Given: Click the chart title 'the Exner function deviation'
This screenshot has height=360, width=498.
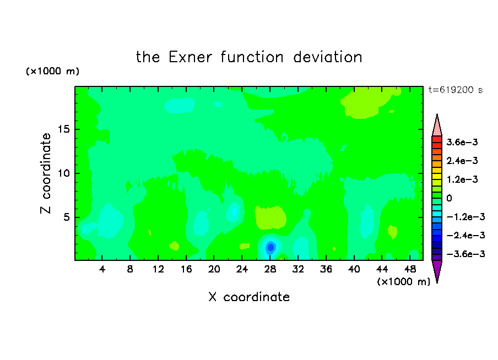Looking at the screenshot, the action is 249,57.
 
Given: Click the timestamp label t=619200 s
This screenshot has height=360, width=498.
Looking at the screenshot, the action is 456,90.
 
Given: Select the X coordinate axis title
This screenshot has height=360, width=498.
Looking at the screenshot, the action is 249,297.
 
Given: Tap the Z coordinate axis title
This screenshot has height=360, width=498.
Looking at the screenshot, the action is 45,173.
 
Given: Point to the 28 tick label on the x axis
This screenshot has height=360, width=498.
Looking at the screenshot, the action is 270,269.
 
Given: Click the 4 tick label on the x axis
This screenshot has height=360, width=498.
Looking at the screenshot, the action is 102,269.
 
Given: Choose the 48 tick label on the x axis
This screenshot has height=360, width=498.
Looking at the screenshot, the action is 410,269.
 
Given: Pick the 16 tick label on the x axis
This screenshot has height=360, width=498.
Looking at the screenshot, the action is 186,269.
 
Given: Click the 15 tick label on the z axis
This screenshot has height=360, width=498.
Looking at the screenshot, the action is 63,129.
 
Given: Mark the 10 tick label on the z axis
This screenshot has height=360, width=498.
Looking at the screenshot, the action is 63,173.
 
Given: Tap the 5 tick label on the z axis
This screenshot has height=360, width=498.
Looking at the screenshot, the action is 66,217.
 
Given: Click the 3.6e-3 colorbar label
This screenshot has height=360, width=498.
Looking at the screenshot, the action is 462,142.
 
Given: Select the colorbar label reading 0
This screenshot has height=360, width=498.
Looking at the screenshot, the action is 449,198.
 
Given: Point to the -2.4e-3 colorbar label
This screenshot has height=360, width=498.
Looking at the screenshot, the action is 465,235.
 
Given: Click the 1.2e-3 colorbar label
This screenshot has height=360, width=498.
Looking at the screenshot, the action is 462,179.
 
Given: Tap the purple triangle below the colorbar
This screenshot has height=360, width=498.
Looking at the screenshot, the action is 437,269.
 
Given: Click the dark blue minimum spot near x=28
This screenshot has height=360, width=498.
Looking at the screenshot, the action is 270,247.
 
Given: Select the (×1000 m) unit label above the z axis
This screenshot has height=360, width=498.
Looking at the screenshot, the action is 52,71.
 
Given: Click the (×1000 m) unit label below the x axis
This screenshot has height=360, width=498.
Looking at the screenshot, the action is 403,282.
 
